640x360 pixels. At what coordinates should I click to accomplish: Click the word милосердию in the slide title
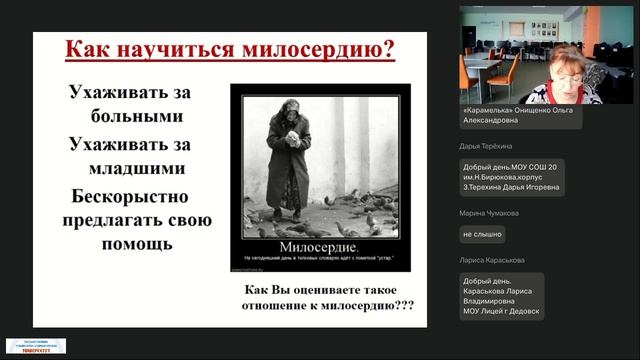(315, 50)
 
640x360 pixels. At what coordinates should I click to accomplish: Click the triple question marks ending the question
(404, 305)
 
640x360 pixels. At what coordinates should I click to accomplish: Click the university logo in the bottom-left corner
(36, 347)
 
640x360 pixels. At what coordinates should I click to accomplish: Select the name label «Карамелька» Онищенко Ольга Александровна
(519, 115)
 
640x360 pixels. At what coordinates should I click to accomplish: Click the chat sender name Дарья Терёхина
(486, 146)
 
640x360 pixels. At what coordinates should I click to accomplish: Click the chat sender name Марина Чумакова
(489, 213)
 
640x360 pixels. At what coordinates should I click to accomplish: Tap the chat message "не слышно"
(482, 234)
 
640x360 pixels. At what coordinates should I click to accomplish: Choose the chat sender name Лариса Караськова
(492, 260)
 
